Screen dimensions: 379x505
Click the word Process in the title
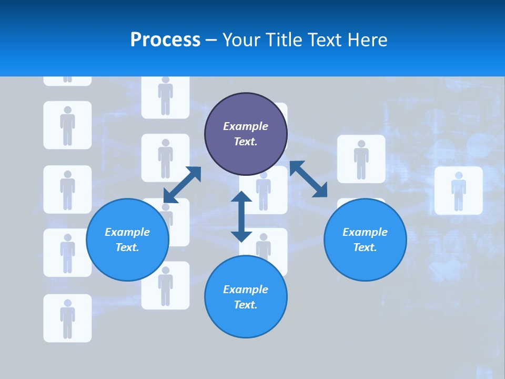coord(165,39)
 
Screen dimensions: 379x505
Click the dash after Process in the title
coord(211,40)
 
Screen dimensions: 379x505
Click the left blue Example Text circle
coord(127,240)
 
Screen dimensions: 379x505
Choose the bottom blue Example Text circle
coord(246,297)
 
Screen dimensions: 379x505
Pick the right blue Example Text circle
coord(365,240)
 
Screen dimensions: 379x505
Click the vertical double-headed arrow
coord(241,216)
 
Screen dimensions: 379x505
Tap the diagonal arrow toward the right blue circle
coord(309,179)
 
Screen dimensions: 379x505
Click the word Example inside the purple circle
coord(246,126)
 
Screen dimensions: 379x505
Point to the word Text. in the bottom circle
coord(246,305)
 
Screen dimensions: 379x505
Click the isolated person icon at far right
coord(458,191)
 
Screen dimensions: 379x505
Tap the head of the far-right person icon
coord(458,175)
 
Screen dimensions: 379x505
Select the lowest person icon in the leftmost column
coord(67,318)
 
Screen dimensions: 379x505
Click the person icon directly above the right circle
coord(361,159)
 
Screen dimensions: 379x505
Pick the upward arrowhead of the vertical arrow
coord(241,198)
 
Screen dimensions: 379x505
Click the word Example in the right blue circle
coord(365,232)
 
